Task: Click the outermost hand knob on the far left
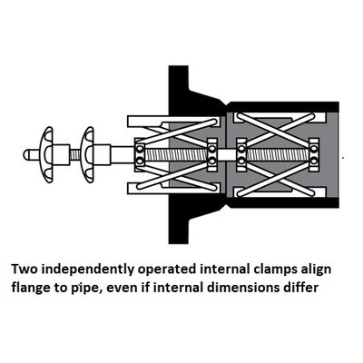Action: click(x=47, y=154)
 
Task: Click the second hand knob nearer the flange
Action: click(x=88, y=154)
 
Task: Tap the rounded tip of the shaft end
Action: click(x=26, y=154)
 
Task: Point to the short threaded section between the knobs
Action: click(x=75, y=154)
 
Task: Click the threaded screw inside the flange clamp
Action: click(x=177, y=154)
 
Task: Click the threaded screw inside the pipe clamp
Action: click(x=278, y=154)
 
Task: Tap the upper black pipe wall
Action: click(x=283, y=107)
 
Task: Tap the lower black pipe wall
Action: click(x=283, y=202)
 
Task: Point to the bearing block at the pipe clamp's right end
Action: click(x=314, y=154)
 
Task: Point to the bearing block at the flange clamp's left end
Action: click(x=140, y=154)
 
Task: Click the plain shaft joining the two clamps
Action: click(x=227, y=154)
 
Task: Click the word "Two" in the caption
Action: click(x=25, y=269)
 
